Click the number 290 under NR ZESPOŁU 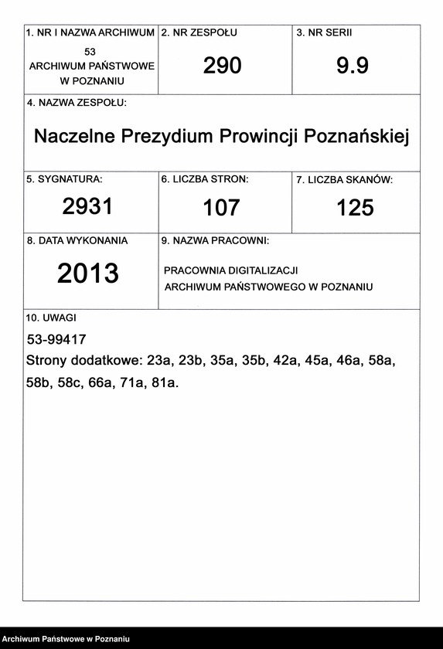pos(223,66)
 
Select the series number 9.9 pos(353,66)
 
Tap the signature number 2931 pos(87,206)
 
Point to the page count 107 pos(221,207)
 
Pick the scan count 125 pos(355,207)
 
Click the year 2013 pos(88,274)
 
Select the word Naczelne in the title pos(73,137)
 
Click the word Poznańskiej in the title pos(356,137)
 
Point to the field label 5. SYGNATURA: pos(64,179)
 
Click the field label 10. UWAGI pos(51,318)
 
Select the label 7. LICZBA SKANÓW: pos(344,180)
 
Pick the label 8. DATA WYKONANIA pos(77,241)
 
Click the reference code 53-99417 pos(56,339)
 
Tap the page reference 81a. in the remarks pos(165,382)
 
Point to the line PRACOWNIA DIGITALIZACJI pos(230,270)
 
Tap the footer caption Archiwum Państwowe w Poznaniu pos(65,639)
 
